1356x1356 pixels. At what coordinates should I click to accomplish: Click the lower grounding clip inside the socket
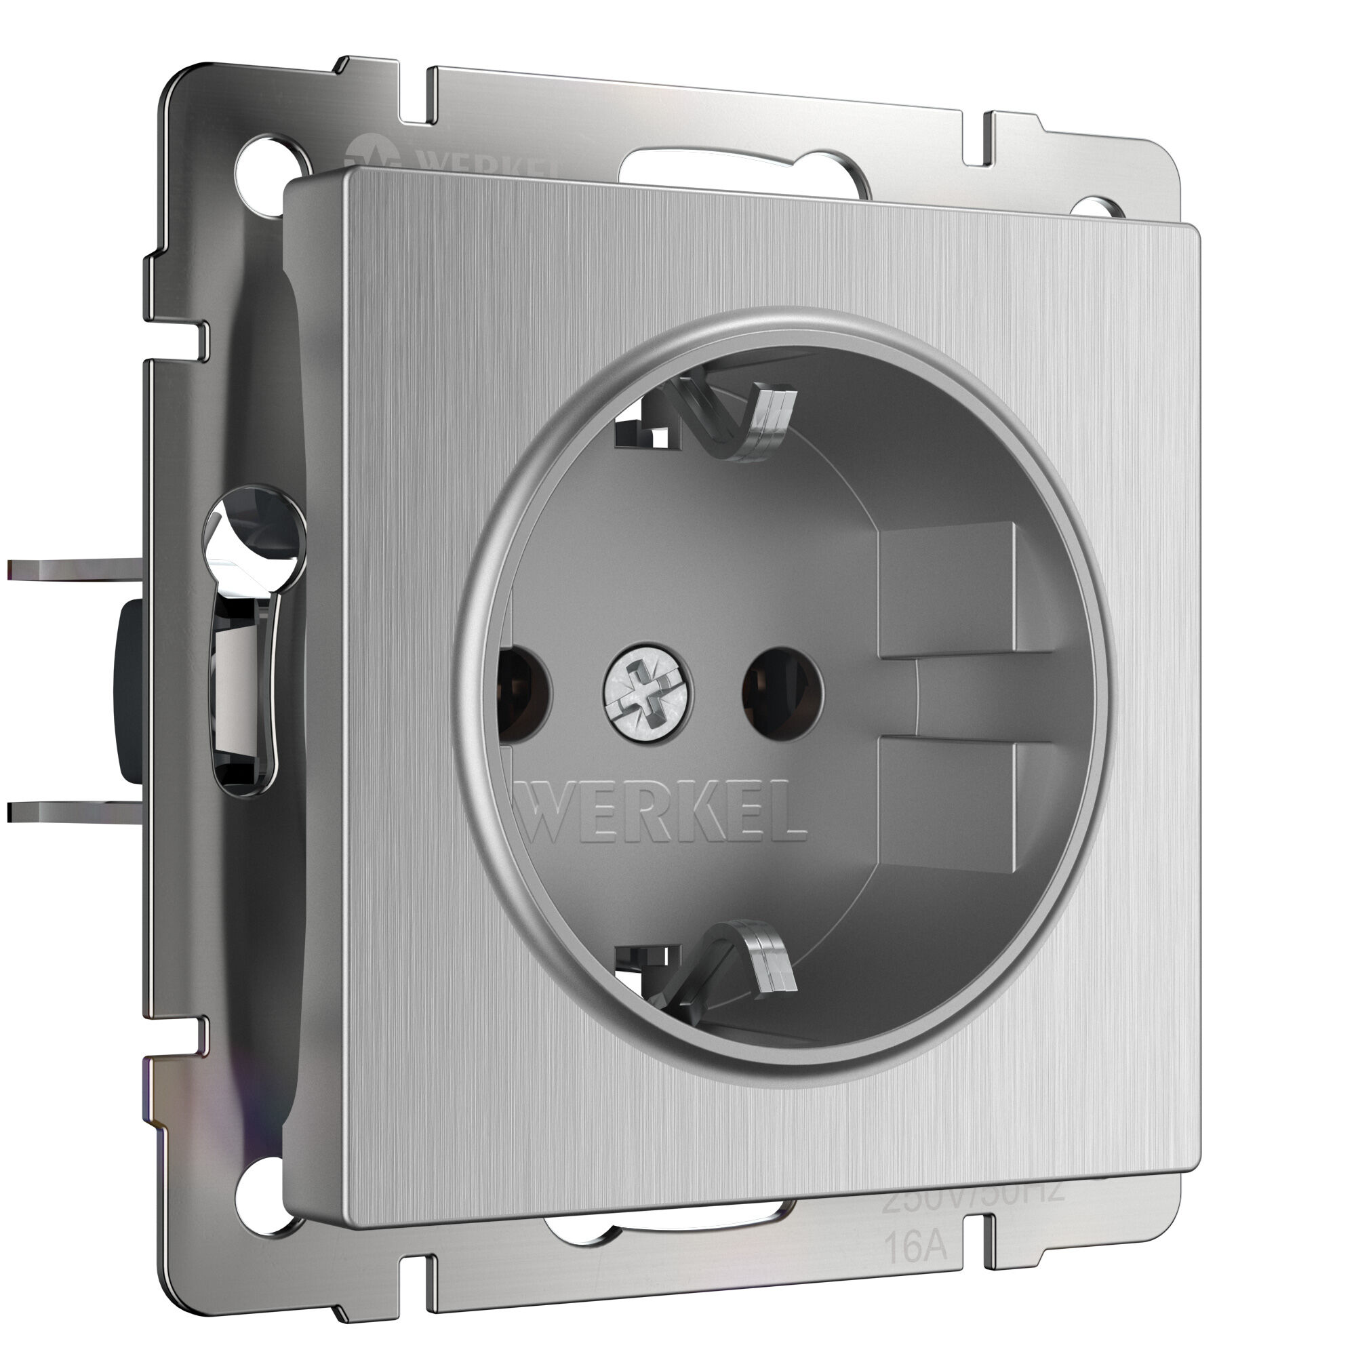pos(730,961)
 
